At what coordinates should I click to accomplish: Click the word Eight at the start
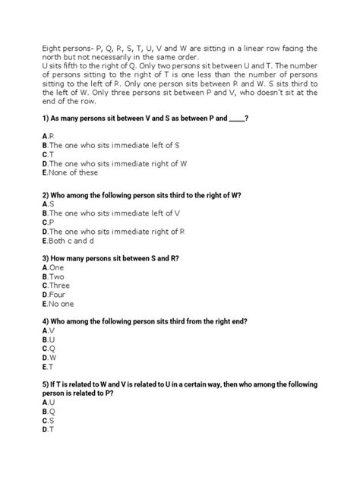(52, 47)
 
